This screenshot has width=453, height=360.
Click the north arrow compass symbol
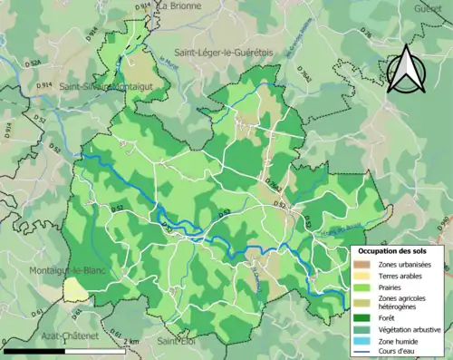(x=407, y=66)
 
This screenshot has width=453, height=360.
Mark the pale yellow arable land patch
(x=76, y=289)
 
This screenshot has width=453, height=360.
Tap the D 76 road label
(x=366, y=34)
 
